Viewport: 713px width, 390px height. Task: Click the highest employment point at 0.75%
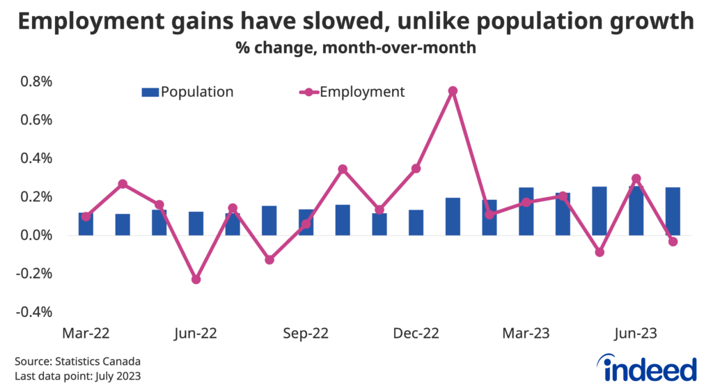[x=453, y=91]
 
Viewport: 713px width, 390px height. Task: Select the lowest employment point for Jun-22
[x=196, y=279]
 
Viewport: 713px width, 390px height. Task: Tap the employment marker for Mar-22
[x=86, y=217]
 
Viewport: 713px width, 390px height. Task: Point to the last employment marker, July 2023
[x=673, y=242]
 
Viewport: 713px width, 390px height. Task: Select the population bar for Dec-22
[x=416, y=222]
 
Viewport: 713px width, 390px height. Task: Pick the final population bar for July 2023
[x=673, y=211]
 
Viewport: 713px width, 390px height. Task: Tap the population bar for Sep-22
[x=306, y=222]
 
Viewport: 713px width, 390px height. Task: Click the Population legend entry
[x=187, y=92]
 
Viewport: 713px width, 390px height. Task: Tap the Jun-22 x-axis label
[x=196, y=334]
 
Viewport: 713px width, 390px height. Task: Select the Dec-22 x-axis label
[x=416, y=334]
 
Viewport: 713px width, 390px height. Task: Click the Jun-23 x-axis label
[x=636, y=334]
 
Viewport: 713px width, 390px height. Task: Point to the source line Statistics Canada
[x=77, y=361]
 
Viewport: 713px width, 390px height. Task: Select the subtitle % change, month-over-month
[x=356, y=48]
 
